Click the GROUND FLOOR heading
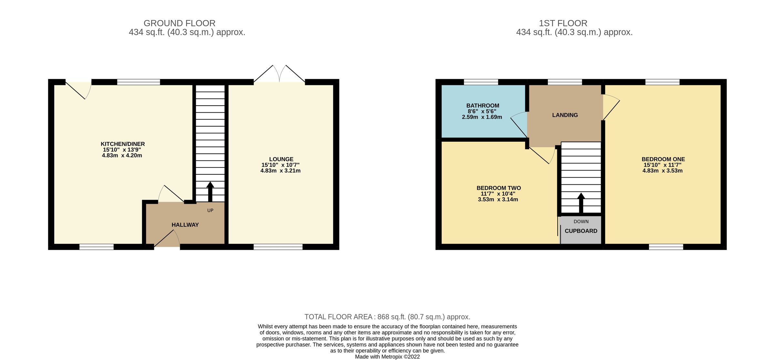coord(179,23)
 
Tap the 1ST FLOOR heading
coord(563,23)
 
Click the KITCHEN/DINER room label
coord(123,144)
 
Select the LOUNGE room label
coord(281,159)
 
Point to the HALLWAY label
coord(185,225)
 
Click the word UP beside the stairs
coord(210,211)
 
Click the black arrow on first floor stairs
coord(581,203)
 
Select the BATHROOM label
coord(482,106)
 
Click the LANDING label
coord(565,115)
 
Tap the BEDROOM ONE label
coord(663,159)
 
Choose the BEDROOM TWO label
coord(499,188)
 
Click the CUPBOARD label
coord(581,231)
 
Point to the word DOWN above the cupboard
coord(581,221)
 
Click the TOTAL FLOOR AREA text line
coord(387,317)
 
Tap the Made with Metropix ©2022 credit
coord(387,357)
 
